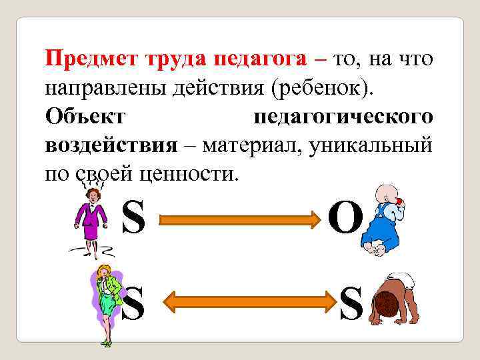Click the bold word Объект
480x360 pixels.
coord(85,116)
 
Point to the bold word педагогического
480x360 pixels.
coord(343,117)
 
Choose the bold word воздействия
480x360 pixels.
coord(111,145)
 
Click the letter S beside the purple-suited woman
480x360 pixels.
coord(133,218)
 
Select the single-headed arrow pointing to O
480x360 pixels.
coord(240,219)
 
